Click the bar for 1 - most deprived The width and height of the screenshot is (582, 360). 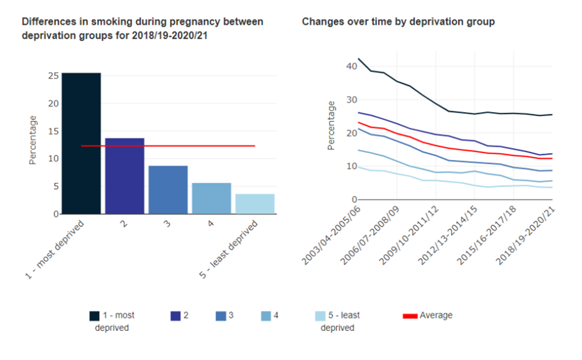click(x=81, y=143)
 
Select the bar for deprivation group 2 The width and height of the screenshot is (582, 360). click(x=124, y=176)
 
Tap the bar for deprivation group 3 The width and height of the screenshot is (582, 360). click(x=168, y=190)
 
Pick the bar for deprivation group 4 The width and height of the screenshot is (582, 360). click(x=211, y=198)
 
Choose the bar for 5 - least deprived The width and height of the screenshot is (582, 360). click(x=254, y=204)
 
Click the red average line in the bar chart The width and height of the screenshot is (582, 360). click(x=186, y=146)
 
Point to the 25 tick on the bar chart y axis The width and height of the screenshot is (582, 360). click(x=53, y=76)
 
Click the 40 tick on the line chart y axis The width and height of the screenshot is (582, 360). click(x=351, y=66)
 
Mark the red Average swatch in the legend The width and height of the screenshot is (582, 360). click(x=410, y=316)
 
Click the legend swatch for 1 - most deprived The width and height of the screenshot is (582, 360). click(x=94, y=316)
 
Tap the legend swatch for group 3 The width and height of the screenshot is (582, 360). click(x=220, y=316)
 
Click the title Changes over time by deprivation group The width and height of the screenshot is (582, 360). click(x=398, y=22)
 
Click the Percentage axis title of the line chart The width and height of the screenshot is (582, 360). click(x=331, y=125)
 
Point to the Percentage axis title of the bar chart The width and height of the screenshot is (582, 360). click(x=33, y=140)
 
